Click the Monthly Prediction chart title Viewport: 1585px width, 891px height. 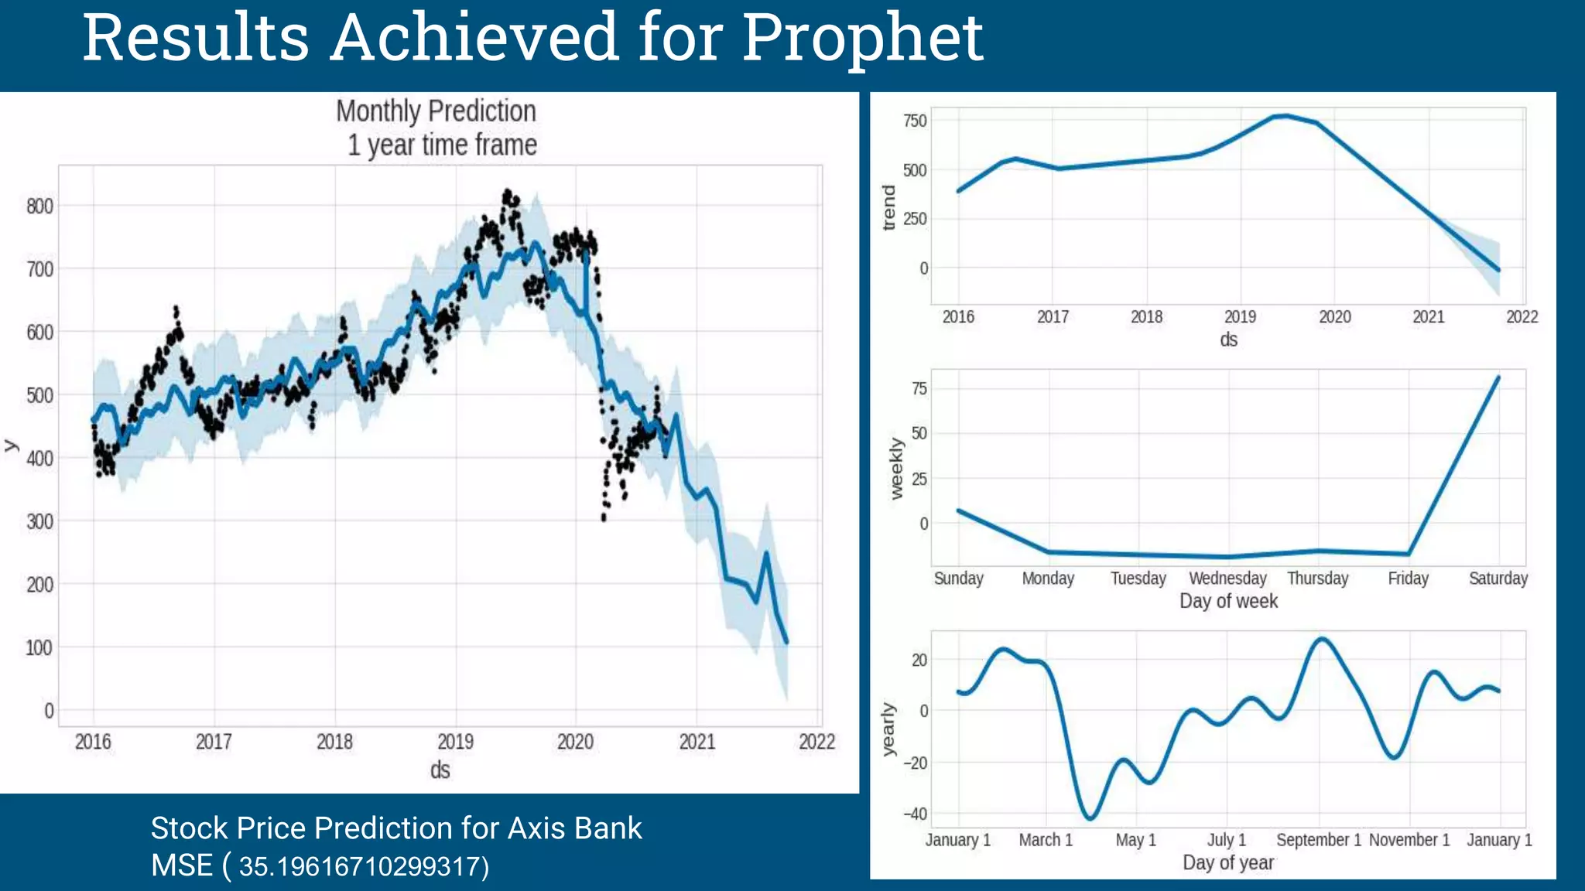coord(436,111)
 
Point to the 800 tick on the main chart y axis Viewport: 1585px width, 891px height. coord(39,206)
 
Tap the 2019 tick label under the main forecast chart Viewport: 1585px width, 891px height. coord(455,742)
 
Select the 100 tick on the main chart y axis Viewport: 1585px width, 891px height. coord(39,647)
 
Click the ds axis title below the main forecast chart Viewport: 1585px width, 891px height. coord(440,770)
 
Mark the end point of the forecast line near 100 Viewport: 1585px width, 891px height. coord(786,642)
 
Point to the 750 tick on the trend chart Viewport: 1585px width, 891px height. coord(914,121)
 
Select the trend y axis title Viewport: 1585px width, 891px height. coord(888,207)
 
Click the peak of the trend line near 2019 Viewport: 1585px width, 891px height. coord(1283,116)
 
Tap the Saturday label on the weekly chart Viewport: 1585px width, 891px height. coord(1498,579)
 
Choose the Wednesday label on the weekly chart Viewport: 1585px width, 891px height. coord(1227,579)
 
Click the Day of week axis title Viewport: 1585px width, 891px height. coord(1228,601)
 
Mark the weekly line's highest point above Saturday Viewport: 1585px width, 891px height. coord(1498,377)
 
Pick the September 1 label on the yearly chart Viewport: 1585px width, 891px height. coord(1318,840)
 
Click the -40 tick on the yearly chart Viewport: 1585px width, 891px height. coord(915,814)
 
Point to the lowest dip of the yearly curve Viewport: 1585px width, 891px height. coord(1090,818)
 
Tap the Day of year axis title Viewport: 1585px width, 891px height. coord(1227,862)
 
